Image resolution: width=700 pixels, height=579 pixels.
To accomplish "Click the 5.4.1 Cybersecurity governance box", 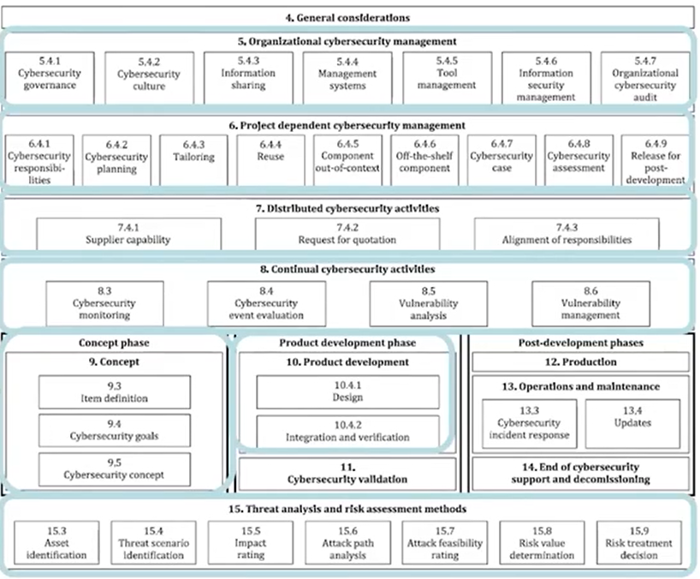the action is tap(50, 78).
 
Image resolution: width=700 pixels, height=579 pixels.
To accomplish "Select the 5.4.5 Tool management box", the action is tap(447, 78).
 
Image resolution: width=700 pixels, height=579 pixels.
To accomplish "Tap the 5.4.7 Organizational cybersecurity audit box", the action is tap(645, 78).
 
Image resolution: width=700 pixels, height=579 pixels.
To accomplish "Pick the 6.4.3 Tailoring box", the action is tap(193, 160).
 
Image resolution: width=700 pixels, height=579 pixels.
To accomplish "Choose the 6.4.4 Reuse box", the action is tap(270, 160).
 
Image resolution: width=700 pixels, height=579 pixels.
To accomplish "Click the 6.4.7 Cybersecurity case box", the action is tap(501, 160).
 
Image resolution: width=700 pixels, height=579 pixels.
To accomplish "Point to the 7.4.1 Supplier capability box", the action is tap(128, 234).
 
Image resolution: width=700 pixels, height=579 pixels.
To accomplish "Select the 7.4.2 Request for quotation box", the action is tap(347, 234).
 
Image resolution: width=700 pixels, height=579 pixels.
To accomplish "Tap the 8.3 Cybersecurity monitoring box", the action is tap(104, 303).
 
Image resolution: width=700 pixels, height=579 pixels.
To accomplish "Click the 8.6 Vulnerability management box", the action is tap(590, 303).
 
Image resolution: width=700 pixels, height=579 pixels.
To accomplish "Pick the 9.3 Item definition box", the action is tap(115, 391).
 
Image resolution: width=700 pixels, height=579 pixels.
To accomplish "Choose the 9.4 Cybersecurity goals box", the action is tap(115, 430).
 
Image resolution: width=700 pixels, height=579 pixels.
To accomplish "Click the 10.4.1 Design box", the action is tap(347, 391).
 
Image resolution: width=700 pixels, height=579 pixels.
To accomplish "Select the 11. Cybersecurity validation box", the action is tap(347, 474).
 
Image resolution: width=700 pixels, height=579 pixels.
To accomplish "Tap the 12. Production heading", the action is tap(580, 361).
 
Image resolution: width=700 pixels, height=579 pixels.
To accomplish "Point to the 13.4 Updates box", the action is tap(632, 423).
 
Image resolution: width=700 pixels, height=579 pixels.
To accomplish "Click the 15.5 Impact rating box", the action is tap(251, 543).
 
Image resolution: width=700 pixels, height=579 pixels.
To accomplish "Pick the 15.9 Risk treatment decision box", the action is tap(639, 543).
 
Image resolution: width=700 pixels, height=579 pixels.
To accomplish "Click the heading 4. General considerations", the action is tap(347, 18).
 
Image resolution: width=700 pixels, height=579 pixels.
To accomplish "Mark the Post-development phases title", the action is tap(581, 343).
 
